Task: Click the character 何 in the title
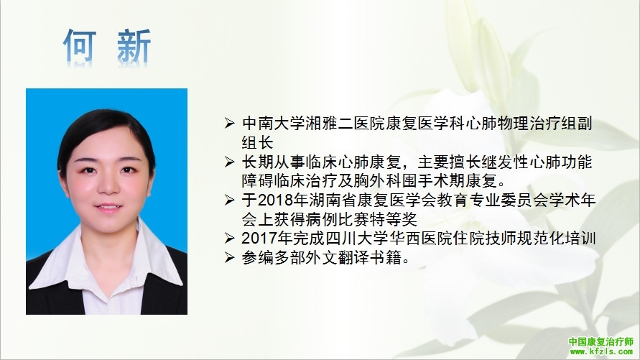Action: click(80, 45)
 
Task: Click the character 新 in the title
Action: click(134, 45)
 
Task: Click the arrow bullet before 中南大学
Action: click(229, 123)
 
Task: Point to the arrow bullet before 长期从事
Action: click(229, 162)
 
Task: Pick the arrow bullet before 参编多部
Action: click(229, 257)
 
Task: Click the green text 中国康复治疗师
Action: click(600, 341)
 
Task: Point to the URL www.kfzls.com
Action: click(601, 351)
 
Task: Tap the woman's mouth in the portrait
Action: click(108, 208)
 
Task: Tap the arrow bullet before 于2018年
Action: click(229, 200)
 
